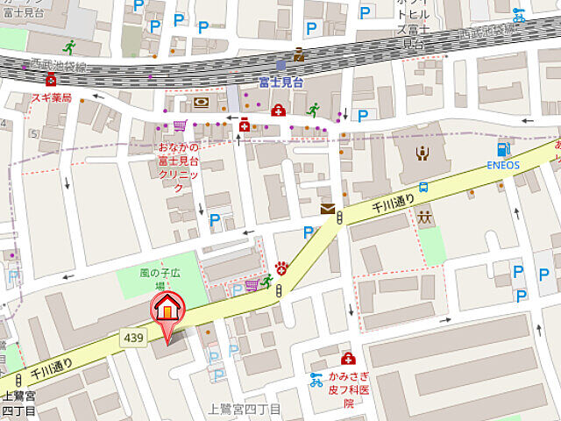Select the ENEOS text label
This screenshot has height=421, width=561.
pyautogui.click(x=504, y=164)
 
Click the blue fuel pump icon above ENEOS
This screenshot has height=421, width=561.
pyautogui.click(x=503, y=149)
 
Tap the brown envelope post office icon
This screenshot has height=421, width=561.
pyautogui.click(x=328, y=209)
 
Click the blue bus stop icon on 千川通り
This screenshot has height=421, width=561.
pyautogui.click(x=423, y=187)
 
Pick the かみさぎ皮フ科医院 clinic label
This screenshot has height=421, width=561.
pyautogui.click(x=348, y=389)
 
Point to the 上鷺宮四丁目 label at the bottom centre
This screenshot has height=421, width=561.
pyautogui.click(x=245, y=410)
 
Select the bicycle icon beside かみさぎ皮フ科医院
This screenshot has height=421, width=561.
pyautogui.click(x=316, y=380)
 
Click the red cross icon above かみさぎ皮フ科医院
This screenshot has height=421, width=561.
pyautogui.click(x=348, y=359)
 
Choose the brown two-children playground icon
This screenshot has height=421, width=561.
pyautogui.click(x=426, y=217)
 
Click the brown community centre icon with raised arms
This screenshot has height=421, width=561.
pyautogui.click(x=422, y=153)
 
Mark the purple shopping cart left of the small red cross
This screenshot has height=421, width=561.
pyautogui.click(x=181, y=125)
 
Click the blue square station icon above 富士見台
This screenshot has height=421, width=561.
pyautogui.click(x=280, y=65)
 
